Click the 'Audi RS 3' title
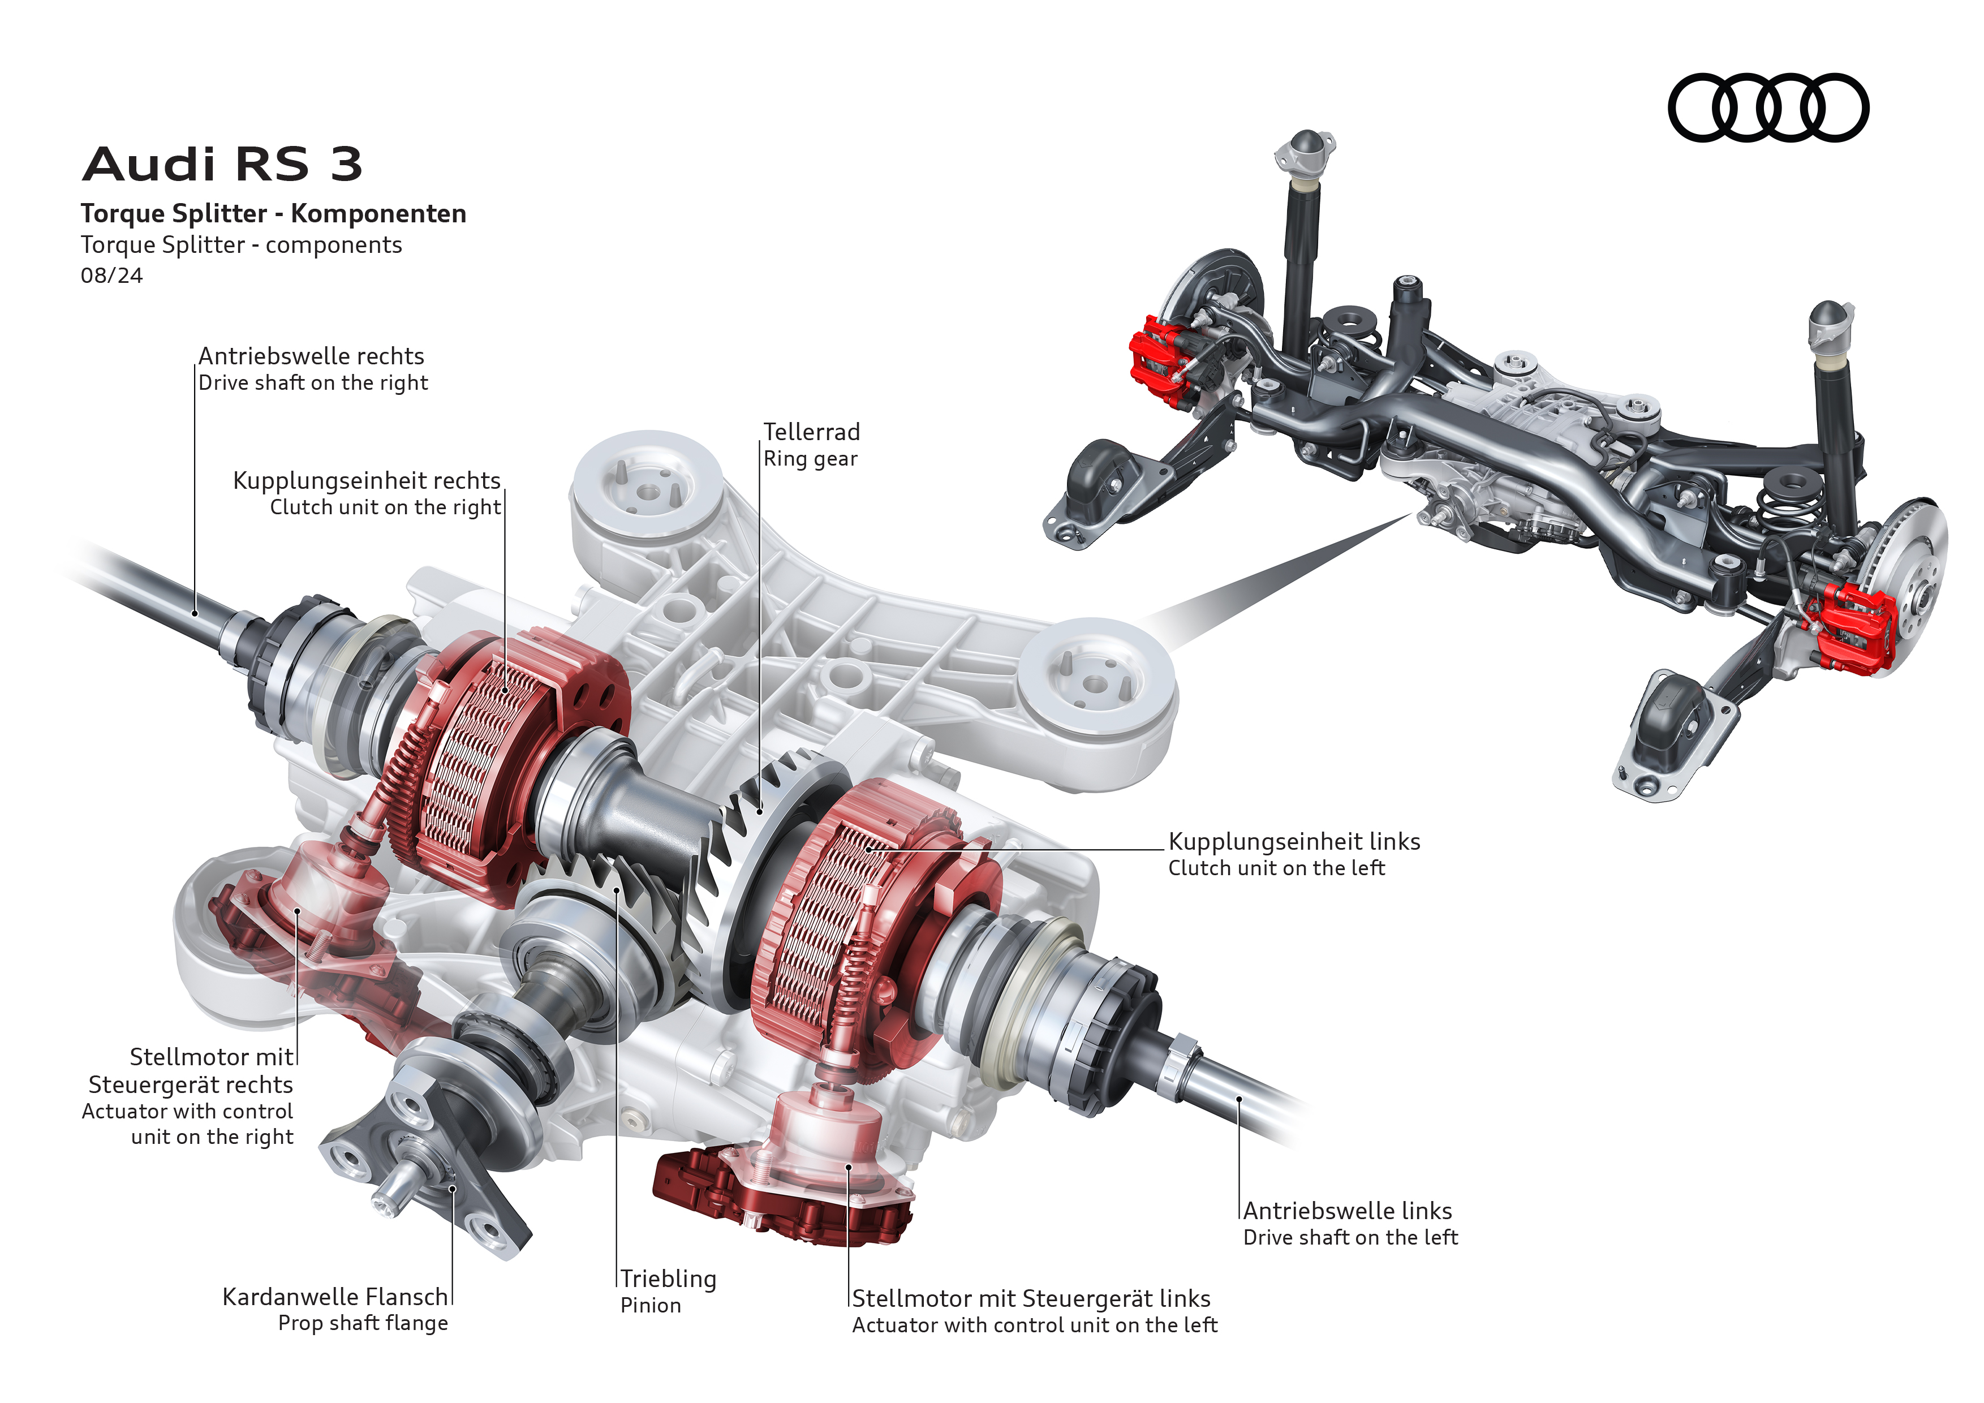[x=222, y=164]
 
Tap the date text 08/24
[x=111, y=276]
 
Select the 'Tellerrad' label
[x=811, y=432]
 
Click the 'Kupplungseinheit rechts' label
[x=367, y=480]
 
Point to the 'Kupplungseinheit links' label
[x=1294, y=841]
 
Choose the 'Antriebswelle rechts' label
[x=311, y=356]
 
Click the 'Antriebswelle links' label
[x=1347, y=1211]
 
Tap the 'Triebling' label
[x=668, y=1279]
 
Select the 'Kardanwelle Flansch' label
[x=335, y=1297]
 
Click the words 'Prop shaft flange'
[x=363, y=1324]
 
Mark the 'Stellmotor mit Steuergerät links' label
[x=1031, y=1298]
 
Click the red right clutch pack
[x=484, y=760]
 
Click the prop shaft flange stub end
[x=393, y=1197]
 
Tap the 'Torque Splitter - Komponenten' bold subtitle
[x=273, y=213]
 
